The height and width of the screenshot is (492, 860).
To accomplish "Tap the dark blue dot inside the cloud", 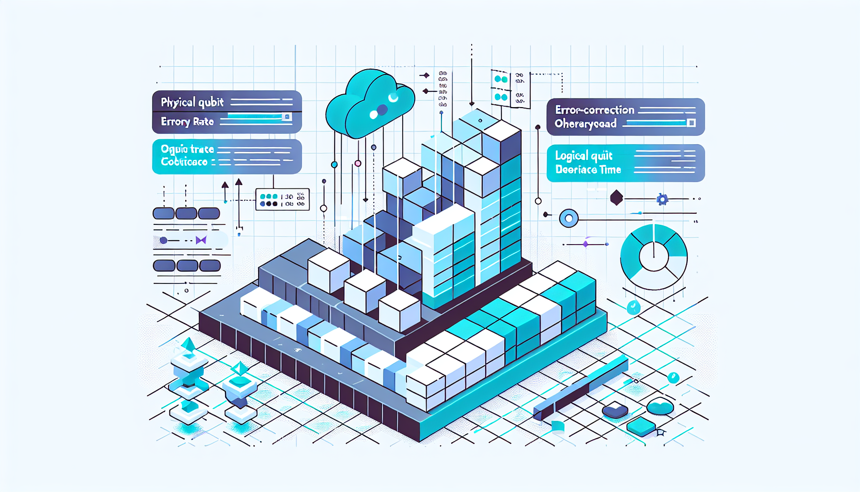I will tap(382, 111).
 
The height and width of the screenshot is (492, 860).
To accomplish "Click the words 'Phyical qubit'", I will tap(192, 102).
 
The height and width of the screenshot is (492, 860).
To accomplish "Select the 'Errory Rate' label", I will tap(187, 122).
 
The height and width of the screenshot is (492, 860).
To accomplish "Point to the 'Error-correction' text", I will tap(595, 110).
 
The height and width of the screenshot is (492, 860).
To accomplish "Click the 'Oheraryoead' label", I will tap(585, 124).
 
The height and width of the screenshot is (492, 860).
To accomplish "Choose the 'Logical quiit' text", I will tap(584, 156).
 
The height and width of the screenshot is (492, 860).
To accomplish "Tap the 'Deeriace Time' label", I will tap(588, 170).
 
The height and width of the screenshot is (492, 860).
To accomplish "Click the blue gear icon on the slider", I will tap(662, 199).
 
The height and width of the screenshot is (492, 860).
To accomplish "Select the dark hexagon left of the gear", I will tap(616, 197).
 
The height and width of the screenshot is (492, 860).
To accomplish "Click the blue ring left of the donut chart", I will tap(569, 219).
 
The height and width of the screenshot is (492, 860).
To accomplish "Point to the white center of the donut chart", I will tap(654, 257).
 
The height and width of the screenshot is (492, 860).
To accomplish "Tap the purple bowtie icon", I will tap(201, 240).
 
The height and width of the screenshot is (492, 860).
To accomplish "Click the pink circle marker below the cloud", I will tap(358, 163).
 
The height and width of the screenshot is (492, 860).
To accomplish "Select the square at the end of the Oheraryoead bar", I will tap(691, 123).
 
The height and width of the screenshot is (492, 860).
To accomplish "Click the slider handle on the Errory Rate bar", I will tap(287, 117).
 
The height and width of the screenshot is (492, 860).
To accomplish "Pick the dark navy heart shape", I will tap(615, 411).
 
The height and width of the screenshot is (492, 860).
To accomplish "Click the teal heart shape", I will tap(660, 407).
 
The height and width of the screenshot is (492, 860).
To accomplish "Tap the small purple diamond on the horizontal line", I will tap(585, 244).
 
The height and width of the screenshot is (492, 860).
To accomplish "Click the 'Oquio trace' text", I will tap(187, 149).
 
